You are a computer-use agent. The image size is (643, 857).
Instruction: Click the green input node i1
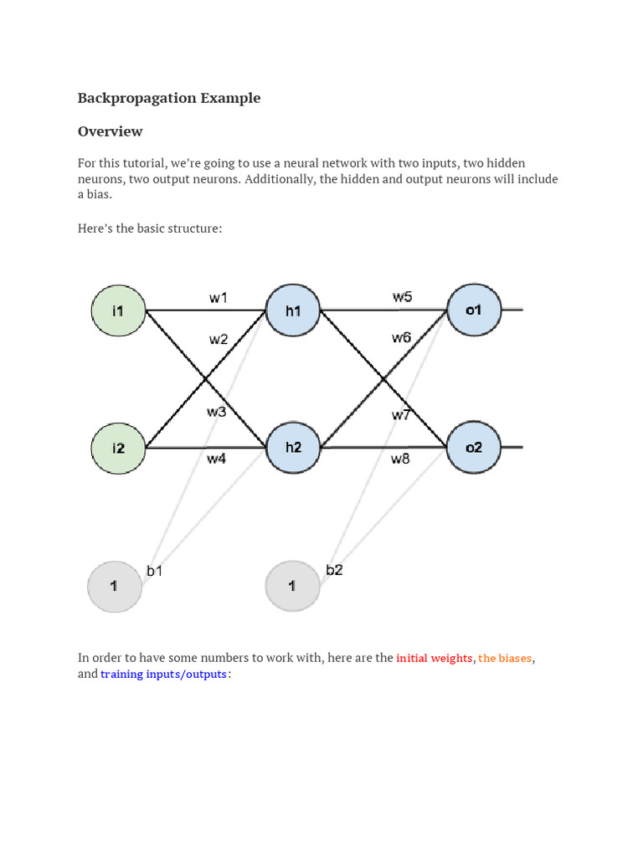pyautogui.click(x=118, y=311)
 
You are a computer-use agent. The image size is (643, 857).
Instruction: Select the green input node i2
pyautogui.click(x=118, y=448)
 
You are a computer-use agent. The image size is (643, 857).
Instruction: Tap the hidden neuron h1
pyautogui.click(x=293, y=311)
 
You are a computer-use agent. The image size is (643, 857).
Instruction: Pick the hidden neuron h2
pyautogui.click(x=293, y=448)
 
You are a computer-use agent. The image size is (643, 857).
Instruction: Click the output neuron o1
pyautogui.click(x=474, y=311)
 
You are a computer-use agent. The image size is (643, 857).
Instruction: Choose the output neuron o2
pyautogui.click(x=474, y=448)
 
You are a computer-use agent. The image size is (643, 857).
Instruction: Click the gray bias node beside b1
pyautogui.click(x=115, y=587)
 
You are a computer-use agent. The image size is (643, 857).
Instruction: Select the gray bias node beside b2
pyautogui.click(x=292, y=587)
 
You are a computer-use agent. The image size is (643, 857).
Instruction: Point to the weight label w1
pyautogui.click(x=219, y=297)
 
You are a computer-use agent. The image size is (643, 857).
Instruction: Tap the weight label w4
pyautogui.click(x=217, y=459)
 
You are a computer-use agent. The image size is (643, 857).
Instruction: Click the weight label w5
pyautogui.click(x=402, y=297)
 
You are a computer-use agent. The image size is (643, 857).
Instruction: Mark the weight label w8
pyautogui.click(x=401, y=459)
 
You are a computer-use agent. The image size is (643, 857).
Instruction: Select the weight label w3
pyautogui.click(x=217, y=412)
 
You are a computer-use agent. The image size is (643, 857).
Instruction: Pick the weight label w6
pyautogui.click(x=401, y=337)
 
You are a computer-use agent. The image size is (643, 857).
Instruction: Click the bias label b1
pyautogui.click(x=156, y=571)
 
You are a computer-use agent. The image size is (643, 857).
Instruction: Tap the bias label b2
pyautogui.click(x=334, y=570)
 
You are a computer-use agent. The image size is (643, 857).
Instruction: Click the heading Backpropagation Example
pyautogui.click(x=169, y=98)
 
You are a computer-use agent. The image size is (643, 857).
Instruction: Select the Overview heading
pyautogui.click(x=111, y=131)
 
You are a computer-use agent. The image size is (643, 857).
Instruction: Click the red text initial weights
pyautogui.click(x=435, y=659)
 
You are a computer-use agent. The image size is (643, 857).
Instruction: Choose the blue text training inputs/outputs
pyautogui.click(x=164, y=675)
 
